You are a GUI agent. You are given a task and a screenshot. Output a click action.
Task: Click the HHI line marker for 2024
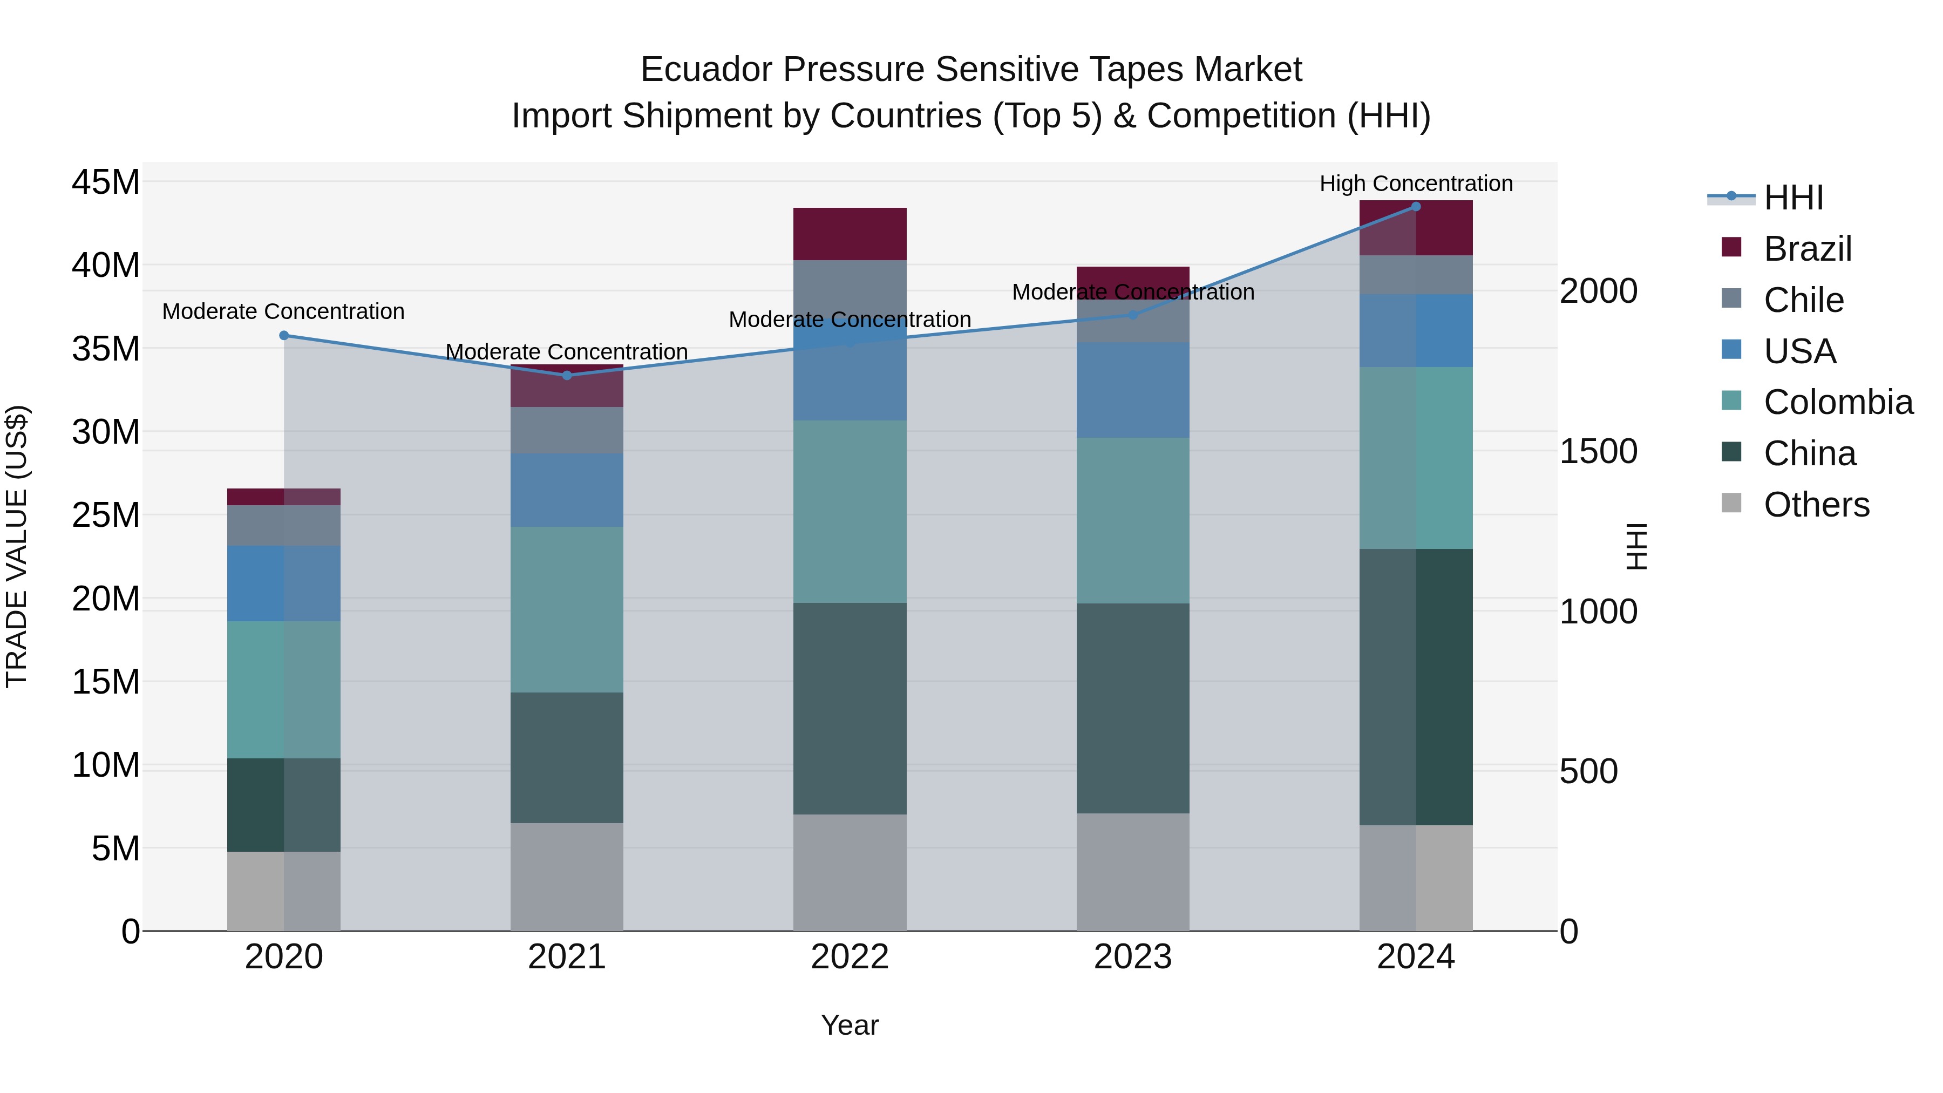click(1416, 207)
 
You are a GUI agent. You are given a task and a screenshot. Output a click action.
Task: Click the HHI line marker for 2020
click(283, 336)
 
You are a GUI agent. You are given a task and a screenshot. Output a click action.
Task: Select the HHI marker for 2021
click(567, 375)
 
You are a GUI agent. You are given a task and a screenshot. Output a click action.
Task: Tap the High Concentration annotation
click(1416, 184)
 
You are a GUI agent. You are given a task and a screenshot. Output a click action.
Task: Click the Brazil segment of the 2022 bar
click(850, 234)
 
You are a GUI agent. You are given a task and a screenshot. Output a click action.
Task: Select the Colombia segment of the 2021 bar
click(567, 609)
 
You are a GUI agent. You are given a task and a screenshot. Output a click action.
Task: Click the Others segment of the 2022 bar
click(850, 872)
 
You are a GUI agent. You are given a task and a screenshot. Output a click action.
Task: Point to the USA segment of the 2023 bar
click(1132, 390)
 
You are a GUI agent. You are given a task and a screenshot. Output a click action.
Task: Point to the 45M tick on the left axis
click(106, 182)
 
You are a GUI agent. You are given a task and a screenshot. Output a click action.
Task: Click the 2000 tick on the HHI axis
click(1598, 291)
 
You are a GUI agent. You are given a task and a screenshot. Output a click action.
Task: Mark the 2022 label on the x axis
click(850, 957)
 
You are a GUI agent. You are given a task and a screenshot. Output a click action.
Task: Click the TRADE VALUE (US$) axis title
click(17, 546)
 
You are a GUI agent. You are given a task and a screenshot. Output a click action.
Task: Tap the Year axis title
click(850, 1025)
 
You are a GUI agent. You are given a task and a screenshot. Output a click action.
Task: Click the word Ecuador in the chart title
click(706, 70)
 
